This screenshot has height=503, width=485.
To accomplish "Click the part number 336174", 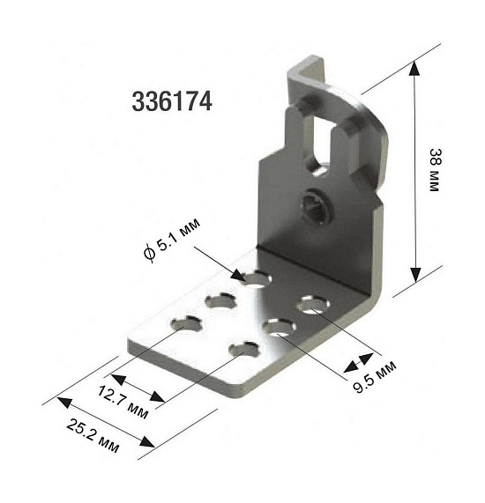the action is tap(172, 101).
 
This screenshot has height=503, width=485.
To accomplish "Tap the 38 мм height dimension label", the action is tap(435, 170).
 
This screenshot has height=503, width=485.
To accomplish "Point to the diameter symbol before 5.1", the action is tap(150, 254).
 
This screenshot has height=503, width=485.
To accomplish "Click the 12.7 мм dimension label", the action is tap(123, 403).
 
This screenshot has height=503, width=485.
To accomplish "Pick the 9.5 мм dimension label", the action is tap(375, 377).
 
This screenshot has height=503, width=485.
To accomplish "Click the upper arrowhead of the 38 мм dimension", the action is tap(414, 68).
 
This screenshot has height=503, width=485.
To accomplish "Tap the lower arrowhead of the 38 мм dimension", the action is tap(415, 275).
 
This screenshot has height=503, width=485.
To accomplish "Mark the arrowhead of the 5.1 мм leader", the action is tap(239, 276).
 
